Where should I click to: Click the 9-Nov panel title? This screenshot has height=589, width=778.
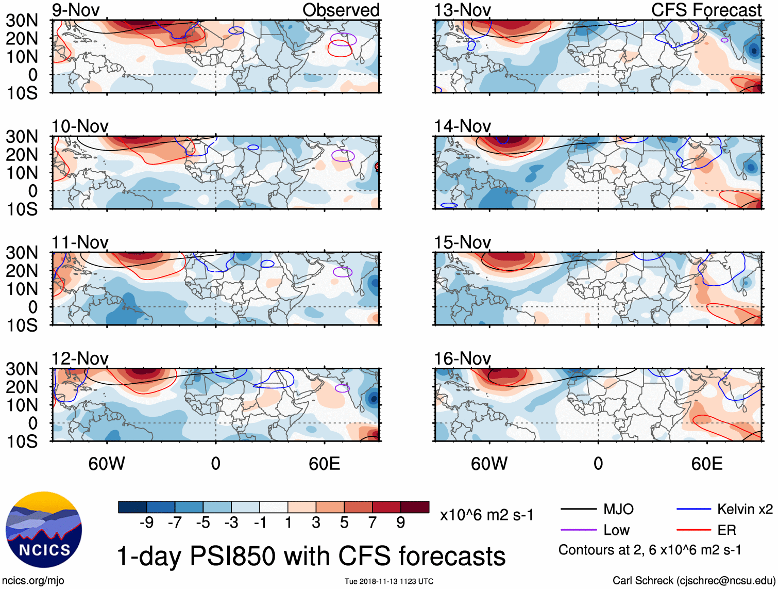[x=76, y=10]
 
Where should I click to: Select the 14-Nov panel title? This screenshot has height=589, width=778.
[x=462, y=126]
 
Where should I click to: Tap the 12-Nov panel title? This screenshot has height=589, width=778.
[x=80, y=358]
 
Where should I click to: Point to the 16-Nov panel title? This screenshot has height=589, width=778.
[x=462, y=358]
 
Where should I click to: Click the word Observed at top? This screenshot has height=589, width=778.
[x=341, y=10]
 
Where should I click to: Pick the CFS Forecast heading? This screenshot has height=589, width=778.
[x=706, y=10]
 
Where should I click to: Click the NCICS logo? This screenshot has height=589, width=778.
[x=44, y=530]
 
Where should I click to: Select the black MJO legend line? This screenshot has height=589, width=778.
[x=578, y=510]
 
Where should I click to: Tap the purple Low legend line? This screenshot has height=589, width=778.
[x=578, y=530]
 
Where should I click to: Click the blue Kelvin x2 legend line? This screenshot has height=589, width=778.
[x=694, y=510]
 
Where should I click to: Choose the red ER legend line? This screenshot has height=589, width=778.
[x=694, y=530]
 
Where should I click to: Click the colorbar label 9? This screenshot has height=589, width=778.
[x=400, y=523]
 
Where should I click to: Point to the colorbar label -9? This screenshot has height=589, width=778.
[x=146, y=523]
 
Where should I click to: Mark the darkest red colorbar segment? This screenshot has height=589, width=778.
[x=415, y=507]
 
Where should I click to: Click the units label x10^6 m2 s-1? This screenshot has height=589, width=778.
[x=486, y=515]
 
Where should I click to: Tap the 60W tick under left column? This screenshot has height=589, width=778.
[x=107, y=464]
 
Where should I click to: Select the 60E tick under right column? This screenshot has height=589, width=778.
[x=706, y=464]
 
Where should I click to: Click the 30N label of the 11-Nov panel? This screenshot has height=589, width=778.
[x=22, y=253]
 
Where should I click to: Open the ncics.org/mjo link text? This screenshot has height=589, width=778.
[x=33, y=581]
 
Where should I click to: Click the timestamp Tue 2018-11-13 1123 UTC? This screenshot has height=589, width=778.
[x=389, y=581]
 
